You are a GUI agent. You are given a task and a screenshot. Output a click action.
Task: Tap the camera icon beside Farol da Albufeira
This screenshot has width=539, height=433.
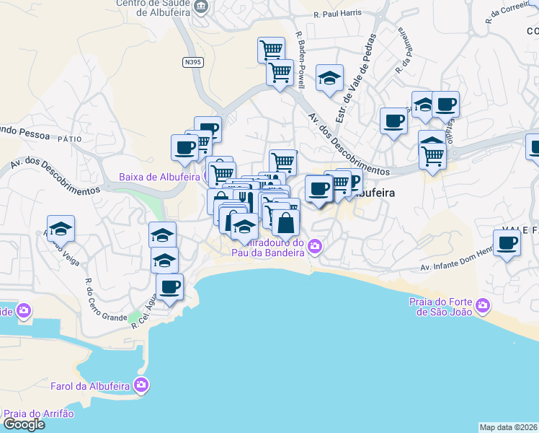[141, 385]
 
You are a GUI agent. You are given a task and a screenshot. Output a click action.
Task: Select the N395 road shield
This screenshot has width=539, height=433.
[192, 62]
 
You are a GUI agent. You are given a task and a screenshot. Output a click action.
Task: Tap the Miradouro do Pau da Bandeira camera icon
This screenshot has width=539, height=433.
[314, 248]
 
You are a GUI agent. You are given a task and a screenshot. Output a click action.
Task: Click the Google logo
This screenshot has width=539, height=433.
[24, 424]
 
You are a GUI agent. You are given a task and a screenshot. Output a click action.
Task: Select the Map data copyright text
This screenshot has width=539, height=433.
[509, 427]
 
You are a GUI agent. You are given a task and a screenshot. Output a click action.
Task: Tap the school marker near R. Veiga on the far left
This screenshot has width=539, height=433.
[61, 229]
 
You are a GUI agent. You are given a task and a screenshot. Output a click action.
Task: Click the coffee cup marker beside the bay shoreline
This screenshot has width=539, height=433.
[169, 287]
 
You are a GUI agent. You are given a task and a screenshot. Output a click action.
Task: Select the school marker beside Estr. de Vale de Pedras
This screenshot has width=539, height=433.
[330, 79]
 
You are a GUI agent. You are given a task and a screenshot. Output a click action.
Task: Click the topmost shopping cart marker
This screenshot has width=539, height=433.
[271, 50]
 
